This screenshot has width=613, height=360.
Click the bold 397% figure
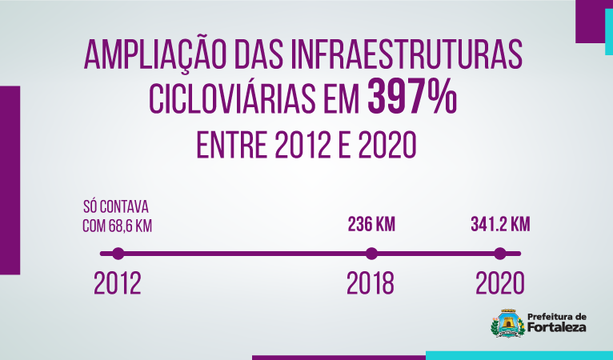(x=413, y=99)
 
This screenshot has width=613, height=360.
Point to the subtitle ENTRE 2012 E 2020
(x=306, y=145)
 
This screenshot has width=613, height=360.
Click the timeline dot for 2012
(x=118, y=254)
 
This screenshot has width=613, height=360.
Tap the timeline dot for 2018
(x=371, y=254)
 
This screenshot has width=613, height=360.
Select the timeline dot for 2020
(x=500, y=254)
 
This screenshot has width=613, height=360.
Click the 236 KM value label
(x=371, y=225)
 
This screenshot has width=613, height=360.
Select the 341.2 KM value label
(x=500, y=225)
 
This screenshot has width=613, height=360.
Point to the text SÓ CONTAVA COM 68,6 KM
(x=117, y=215)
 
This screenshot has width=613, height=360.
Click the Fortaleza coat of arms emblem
(x=507, y=325)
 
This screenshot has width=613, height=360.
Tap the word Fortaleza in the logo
(x=557, y=328)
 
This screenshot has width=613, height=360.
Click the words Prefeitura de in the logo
(x=558, y=316)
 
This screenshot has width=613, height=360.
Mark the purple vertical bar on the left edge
(x=10, y=180)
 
